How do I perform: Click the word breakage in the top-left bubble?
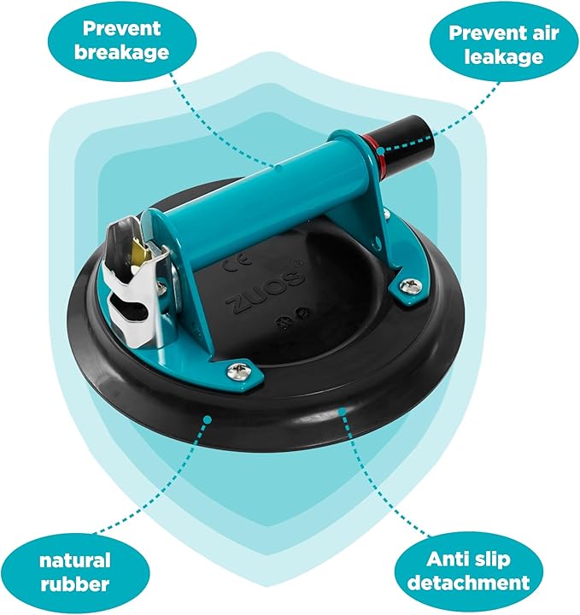121,52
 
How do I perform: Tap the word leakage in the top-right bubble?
504,56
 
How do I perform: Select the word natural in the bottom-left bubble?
75,560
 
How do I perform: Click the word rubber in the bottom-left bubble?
75,583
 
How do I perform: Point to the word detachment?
469,583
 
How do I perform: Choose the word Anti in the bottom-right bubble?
447,559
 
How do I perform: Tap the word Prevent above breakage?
121,28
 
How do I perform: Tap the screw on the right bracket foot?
410,287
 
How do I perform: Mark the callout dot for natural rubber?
208,419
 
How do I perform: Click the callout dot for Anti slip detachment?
343,412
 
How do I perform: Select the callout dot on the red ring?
380,150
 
